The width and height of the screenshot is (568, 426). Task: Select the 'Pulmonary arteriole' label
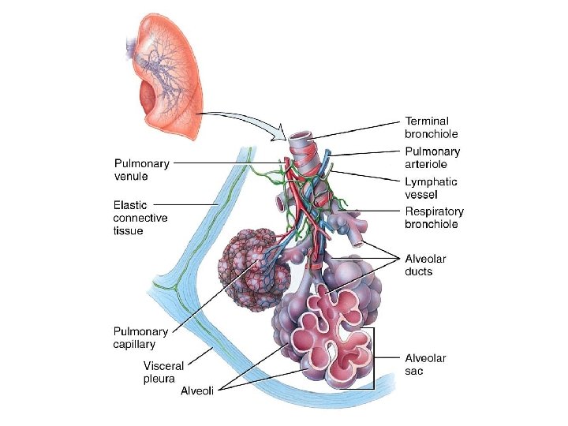(x=432, y=158)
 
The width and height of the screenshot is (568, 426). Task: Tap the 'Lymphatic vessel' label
(x=431, y=188)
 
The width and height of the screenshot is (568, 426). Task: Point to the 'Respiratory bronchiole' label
(x=434, y=218)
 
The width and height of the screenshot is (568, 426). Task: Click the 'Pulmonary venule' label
(x=142, y=170)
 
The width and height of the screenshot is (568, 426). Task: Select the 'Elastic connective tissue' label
(x=140, y=217)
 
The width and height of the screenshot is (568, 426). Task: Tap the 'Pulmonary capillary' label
(x=140, y=338)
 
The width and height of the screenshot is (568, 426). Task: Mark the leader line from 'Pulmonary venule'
(x=229, y=163)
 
